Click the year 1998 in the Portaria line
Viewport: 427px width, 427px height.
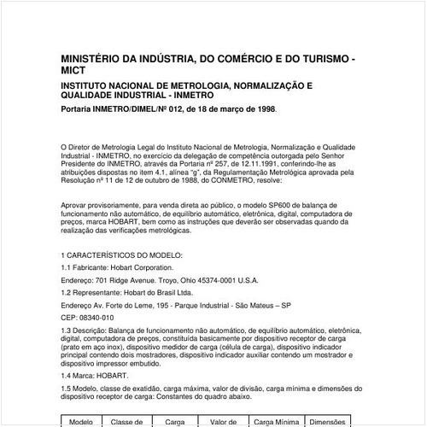coord(262,109)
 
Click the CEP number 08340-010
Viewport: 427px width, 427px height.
coord(96,316)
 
